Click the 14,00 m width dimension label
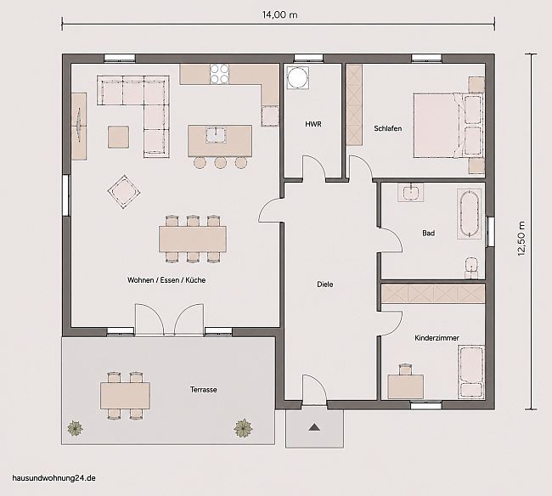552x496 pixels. [x=279, y=14]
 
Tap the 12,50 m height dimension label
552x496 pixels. [x=521, y=239]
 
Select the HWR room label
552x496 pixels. [x=313, y=124]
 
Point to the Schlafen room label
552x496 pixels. [x=387, y=128]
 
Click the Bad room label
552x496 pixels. [x=428, y=233]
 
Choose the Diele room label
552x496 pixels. [x=325, y=285]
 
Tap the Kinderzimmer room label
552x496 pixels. [x=437, y=338]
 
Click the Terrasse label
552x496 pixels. [x=204, y=390]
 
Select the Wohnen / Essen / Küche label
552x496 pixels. [x=166, y=280]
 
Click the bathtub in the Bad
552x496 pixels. [x=470, y=214]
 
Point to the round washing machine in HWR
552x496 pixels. [x=298, y=77]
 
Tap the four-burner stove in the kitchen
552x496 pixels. [x=219, y=74]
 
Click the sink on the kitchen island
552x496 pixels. [x=216, y=135]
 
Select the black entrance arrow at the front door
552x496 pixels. [x=314, y=427]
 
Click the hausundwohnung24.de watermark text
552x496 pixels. [x=54, y=478]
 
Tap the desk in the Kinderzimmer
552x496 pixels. [x=406, y=387]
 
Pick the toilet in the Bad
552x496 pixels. [x=470, y=268]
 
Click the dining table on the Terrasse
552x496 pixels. [x=125, y=396]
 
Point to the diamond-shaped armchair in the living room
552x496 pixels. [x=124, y=192]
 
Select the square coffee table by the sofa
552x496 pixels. [x=118, y=137]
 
